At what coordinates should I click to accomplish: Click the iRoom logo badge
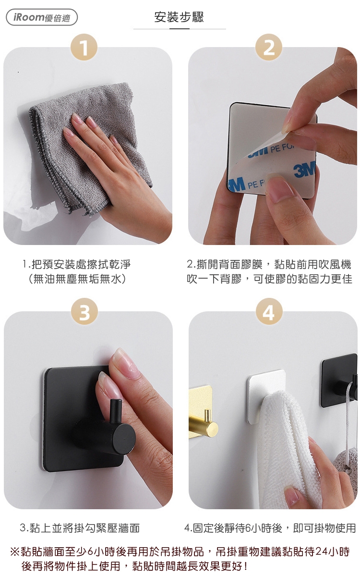pyautogui.click(x=42, y=17)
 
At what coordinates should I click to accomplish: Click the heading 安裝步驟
pyautogui.click(x=179, y=17)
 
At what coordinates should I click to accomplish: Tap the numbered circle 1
pyautogui.click(x=84, y=47)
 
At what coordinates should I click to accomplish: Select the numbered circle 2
pyautogui.click(x=269, y=47)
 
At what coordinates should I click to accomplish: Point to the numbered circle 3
pyautogui.click(x=84, y=311)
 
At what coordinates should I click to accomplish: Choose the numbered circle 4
pyautogui.click(x=269, y=311)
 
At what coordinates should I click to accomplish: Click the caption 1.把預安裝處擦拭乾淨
pyautogui.click(x=76, y=264)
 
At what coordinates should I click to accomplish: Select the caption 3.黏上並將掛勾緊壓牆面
pyautogui.click(x=80, y=528)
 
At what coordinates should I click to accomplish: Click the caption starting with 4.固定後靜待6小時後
pyautogui.click(x=270, y=528)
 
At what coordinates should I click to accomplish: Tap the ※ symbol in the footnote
pyautogui.click(x=15, y=551)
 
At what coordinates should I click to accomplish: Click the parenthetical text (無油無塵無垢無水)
pyautogui.click(x=77, y=279)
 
